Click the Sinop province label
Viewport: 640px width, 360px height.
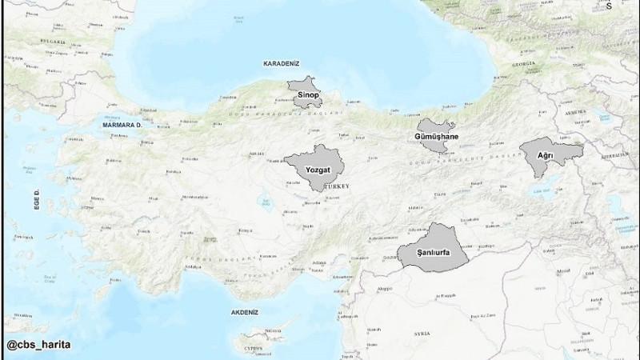pos(308,95)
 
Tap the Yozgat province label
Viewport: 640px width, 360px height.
pos(312,170)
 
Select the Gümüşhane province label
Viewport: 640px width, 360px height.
pos(436,138)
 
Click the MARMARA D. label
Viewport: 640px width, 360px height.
pos(122,125)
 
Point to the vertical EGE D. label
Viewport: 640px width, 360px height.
pos(37,200)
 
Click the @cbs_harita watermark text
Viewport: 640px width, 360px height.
pos(38,345)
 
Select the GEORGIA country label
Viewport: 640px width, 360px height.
pos(523,63)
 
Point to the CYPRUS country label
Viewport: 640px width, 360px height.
pos(252,349)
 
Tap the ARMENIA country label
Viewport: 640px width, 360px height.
pos(575,113)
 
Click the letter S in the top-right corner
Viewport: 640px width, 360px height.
pos(630,6)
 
